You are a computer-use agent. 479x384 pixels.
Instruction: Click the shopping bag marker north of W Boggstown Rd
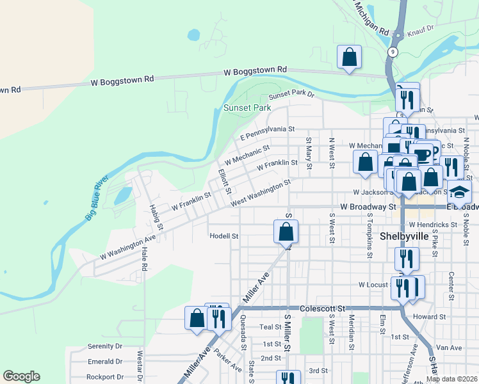pyautogui.click(x=349, y=58)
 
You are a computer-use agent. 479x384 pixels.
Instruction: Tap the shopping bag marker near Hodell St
pyautogui.click(x=286, y=231)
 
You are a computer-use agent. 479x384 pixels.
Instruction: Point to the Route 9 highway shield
pyautogui.click(x=393, y=52)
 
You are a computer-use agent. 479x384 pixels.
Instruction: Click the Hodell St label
pyautogui.click(x=223, y=236)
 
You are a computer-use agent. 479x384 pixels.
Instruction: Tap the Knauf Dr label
pyautogui.click(x=421, y=29)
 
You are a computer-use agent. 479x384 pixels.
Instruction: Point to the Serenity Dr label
pyautogui.click(x=104, y=346)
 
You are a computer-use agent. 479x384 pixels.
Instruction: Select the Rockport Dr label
pyautogui.click(x=104, y=377)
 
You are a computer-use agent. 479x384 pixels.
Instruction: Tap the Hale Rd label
pyautogui.click(x=144, y=260)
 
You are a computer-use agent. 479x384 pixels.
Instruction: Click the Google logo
pyautogui.click(x=21, y=376)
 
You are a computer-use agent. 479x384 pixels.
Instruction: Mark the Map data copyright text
pyautogui.click(x=451, y=379)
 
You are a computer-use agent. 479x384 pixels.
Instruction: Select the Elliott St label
pyautogui.click(x=223, y=180)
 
